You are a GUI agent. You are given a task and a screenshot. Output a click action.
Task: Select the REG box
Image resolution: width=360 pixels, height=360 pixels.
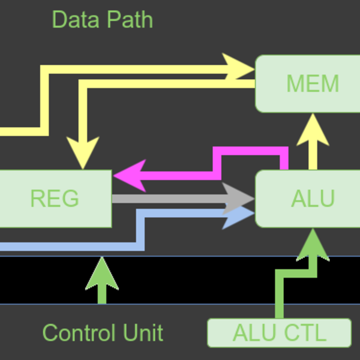click(x=55, y=199)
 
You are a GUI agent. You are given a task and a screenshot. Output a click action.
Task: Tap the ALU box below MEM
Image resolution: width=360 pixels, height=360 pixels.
click(x=307, y=199)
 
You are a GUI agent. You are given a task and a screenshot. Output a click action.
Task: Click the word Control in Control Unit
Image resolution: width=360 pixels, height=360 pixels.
click(x=79, y=332)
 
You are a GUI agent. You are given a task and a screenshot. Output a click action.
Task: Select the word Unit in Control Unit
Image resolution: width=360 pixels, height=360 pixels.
click(x=142, y=332)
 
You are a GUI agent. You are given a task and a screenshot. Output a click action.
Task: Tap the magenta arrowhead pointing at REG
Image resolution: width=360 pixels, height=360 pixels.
click(x=130, y=175)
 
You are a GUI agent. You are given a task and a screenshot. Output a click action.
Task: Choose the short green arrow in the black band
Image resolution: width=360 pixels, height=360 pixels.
click(x=102, y=279)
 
